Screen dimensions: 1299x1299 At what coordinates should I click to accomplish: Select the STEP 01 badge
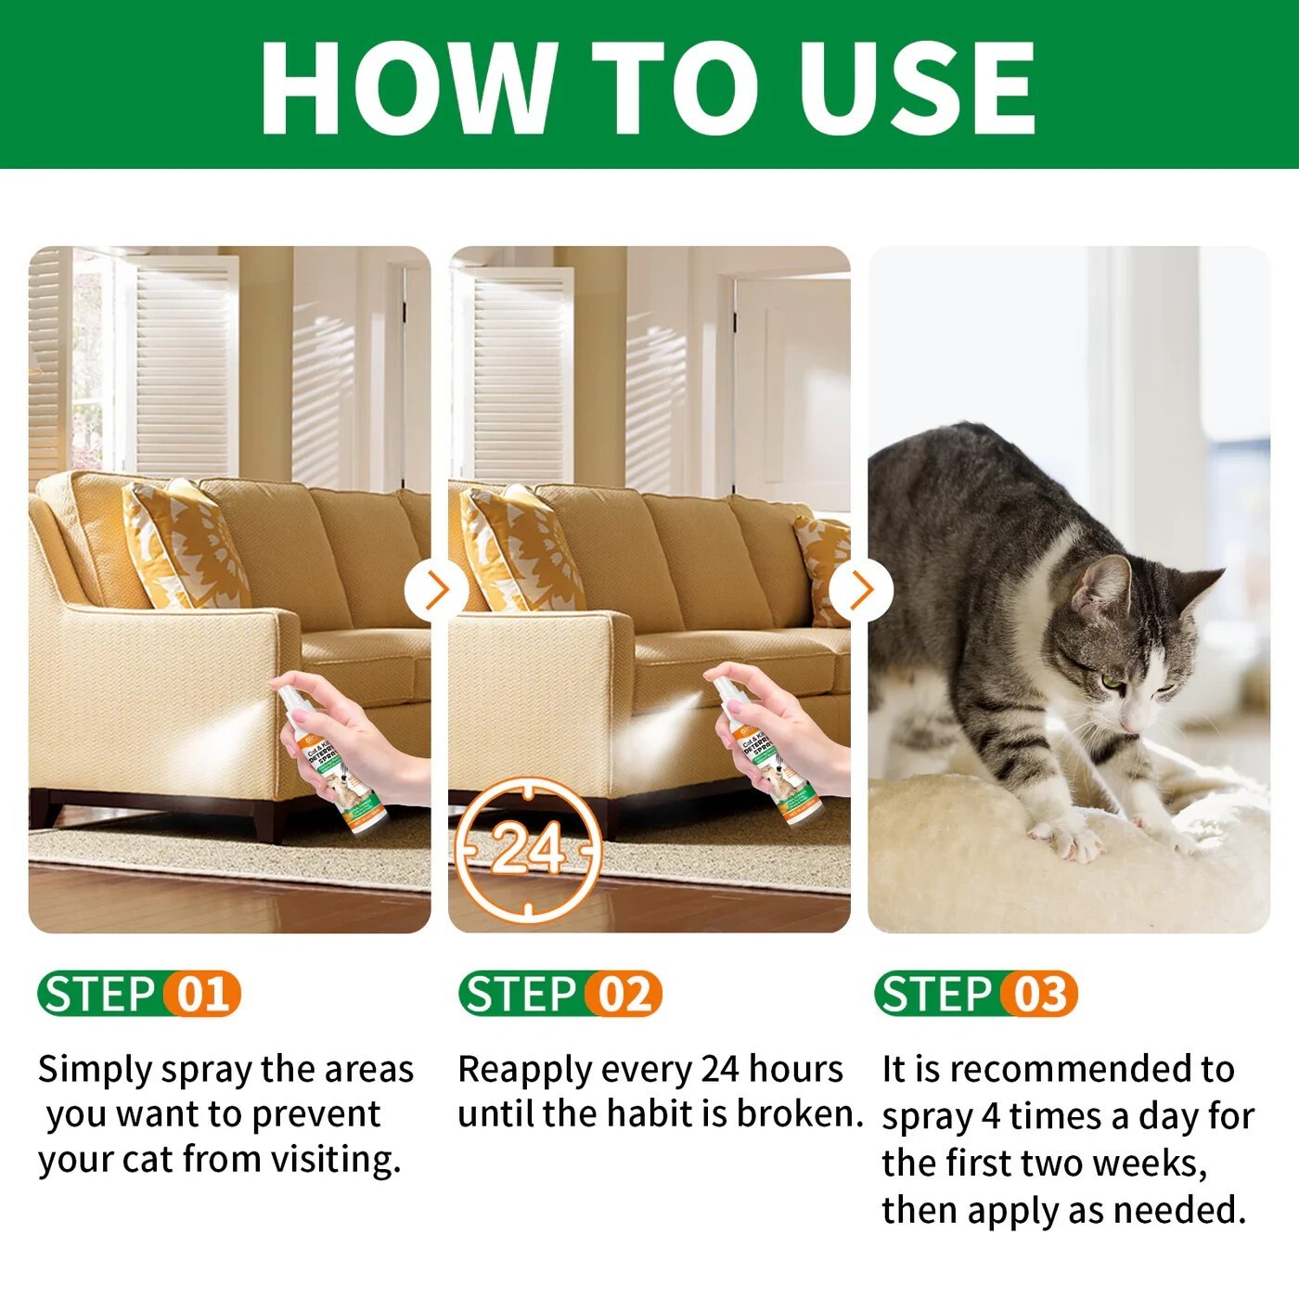[139, 994]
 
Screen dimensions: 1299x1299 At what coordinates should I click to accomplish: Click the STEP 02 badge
[559, 994]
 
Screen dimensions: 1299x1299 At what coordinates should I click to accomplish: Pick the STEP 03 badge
[975, 994]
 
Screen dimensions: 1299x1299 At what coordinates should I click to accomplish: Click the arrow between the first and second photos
[436, 590]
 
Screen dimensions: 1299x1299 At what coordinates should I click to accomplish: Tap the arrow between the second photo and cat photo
[860, 590]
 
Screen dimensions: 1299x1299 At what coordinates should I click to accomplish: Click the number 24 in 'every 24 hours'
[720, 1069]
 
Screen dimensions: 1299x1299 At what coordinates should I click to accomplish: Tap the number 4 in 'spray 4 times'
[991, 1116]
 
